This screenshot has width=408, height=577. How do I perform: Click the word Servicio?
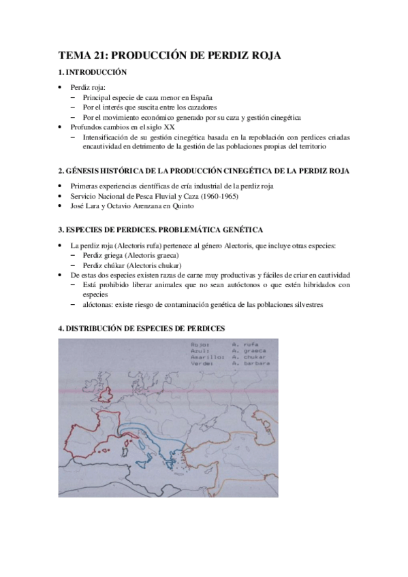(84, 196)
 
